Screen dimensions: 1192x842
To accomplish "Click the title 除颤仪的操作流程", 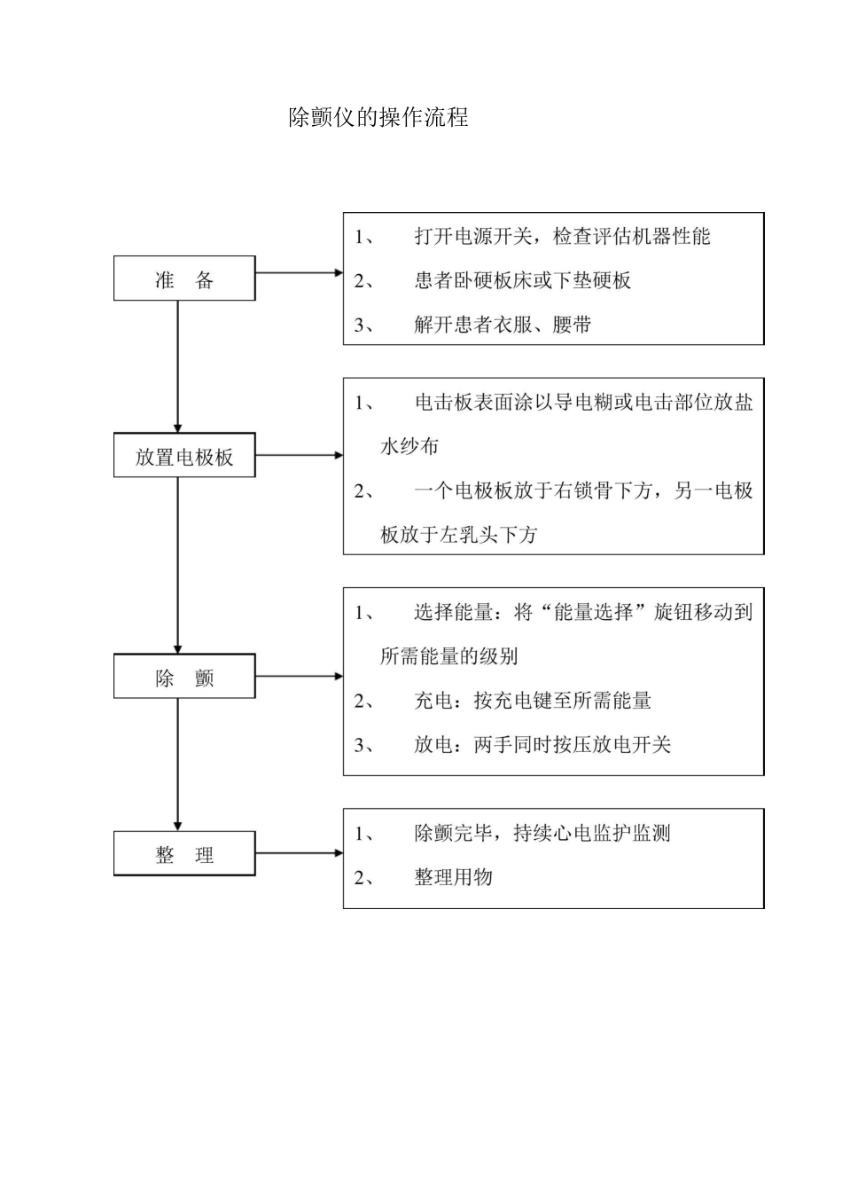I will pyautogui.click(x=378, y=118).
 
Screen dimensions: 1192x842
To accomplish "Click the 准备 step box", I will pyautogui.click(x=184, y=278).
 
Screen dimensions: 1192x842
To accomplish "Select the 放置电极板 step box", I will pyautogui.click(x=184, y=456).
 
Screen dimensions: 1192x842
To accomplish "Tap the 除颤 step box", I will pyautogui.click(x=184, y=677).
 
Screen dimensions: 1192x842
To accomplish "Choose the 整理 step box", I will pyautogui.click(x=184, y=854).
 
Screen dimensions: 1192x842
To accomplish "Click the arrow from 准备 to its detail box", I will pyautogui.click(x=299, y=273).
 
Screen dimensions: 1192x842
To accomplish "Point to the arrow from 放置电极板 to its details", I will pyautogui.click(x=299, y=455).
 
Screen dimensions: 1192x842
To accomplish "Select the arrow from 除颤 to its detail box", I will pyautogui.click(x=299, y=676).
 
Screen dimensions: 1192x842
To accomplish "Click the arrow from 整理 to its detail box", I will pyautogui.click(x=299, y=853).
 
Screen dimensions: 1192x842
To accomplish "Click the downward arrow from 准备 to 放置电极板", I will pyautogui.click(x=178, y=365).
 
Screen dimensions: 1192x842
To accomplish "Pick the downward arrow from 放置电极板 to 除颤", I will pyautogui.click(x=178, y=565).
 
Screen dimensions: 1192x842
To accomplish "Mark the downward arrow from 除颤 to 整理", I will pyautogui.click(x=178, y=764).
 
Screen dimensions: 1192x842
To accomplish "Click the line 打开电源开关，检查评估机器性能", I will pyautogui.click(x=562, y=237).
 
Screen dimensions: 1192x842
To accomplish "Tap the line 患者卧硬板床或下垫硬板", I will pyautogui.click(x=522, y=281).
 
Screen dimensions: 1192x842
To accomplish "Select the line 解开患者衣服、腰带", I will pyautogui.click(x=503, y=325).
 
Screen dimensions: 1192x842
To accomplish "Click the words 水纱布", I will pyautogui.click(x=409, y=446).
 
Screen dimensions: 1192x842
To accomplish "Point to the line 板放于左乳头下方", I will pyautogui.click(x=458, y=535).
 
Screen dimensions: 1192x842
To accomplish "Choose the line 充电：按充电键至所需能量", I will pyautogui.click(x=533, y=701).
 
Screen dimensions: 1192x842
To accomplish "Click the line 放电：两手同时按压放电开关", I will pyautogui.click(x=542, y=745).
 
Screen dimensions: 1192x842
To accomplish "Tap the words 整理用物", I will pyautogui.click(x=453, y=877).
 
